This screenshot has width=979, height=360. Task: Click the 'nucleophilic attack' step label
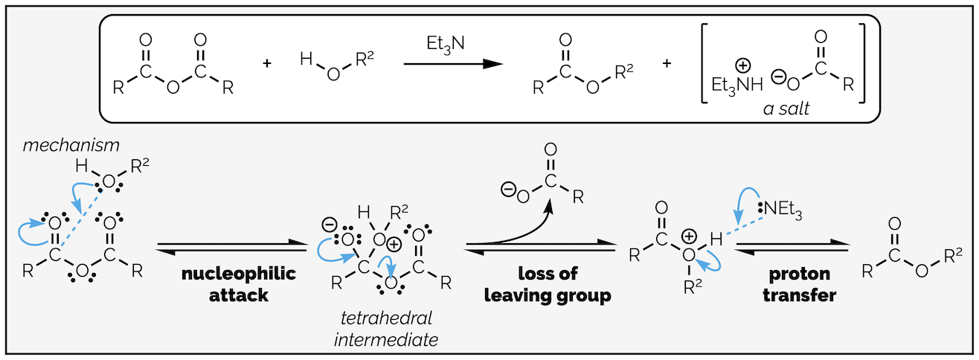point(238,284)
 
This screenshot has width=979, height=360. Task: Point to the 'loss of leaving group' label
point(548,284)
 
